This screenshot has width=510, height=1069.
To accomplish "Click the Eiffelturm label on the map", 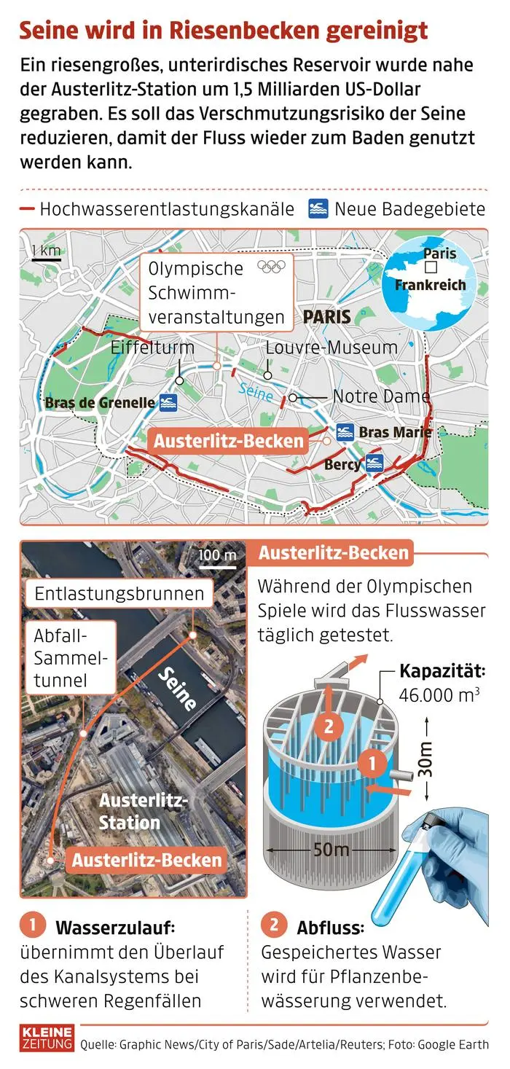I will click(152, 348).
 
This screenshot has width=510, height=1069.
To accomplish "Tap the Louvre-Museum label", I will click(331, 348).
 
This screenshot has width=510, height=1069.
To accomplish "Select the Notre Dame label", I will click(381, 396).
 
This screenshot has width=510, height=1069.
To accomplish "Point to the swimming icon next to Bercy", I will click(375, 463).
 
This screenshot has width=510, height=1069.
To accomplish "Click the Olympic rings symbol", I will click(271, 267).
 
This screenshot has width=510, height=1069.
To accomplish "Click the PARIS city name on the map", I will click(326, 317).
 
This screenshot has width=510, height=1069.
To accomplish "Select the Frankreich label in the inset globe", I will click(430, 285).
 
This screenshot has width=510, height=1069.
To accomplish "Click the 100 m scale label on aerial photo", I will click(217, 556).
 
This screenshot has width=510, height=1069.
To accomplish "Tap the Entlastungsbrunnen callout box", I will click(119, 593).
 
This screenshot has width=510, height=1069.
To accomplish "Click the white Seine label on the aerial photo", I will click(178, 688).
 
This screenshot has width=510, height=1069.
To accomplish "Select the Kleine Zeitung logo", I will click(47, 1038).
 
